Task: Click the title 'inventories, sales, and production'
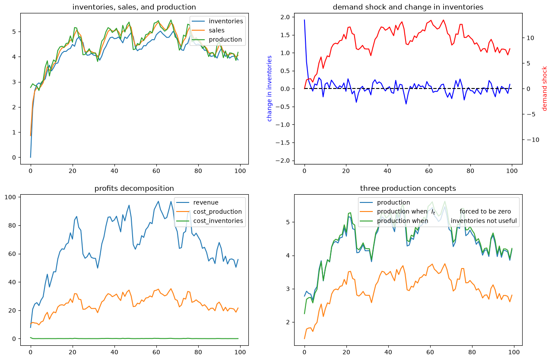(x=134, y=7)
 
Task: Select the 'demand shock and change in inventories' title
(x=408, y=7)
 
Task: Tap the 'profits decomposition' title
(x=134, y=188)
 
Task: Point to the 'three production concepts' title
(x=408, y=188)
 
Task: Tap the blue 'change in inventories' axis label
(x=269, y=88)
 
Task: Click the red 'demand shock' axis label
(x=544, y=88)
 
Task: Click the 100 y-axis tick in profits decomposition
(x=10, y=197)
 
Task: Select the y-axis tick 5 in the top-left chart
(x=14, y=32)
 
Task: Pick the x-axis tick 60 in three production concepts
(x=430, y=352)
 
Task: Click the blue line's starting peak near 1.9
(x=305, y=20)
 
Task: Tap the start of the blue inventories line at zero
(x=31, y=158)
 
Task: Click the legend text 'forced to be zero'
(x=485, y=212)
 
